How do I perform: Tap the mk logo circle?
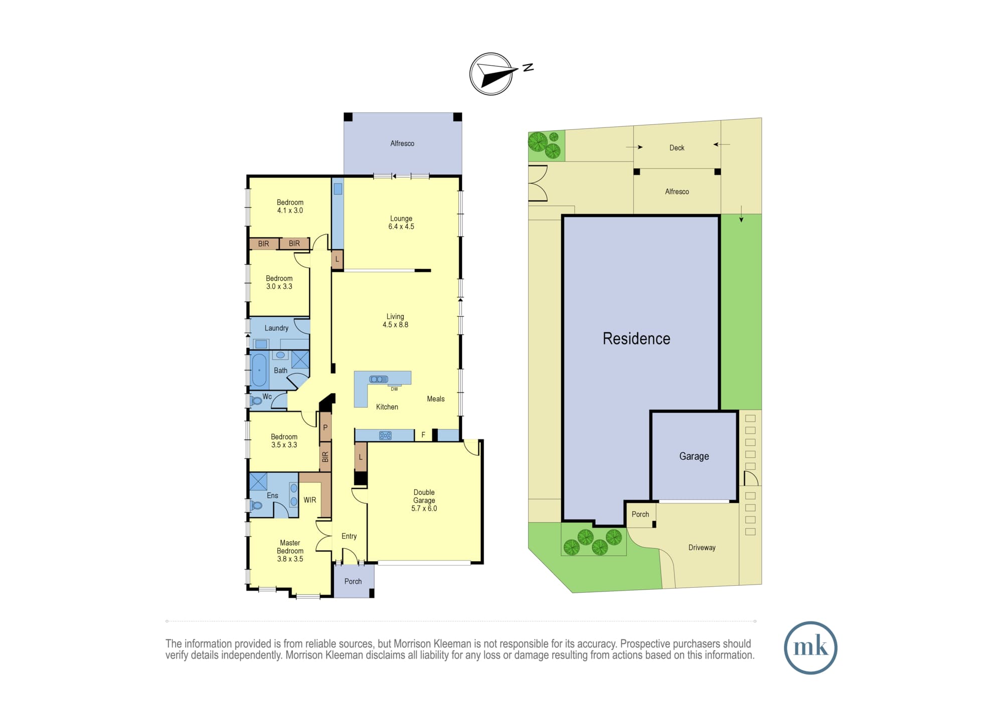point(810,648)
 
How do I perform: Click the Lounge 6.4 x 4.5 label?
point(401,223)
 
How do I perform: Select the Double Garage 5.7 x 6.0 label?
point(424,500)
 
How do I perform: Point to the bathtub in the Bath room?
point(259,370)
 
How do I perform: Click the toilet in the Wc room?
point(256,401)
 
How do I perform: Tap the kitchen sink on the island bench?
point(379,379)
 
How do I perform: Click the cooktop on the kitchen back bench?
point(385,436)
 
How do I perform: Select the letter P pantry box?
point(325,428)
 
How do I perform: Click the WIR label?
point(310,500)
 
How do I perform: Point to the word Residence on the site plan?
point(636,339)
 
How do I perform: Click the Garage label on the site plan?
point(694,456)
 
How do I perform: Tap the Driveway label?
point(702,548)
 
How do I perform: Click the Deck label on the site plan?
point(677,148)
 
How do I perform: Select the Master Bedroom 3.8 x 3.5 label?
point(290,551)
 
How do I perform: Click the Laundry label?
point(276,328)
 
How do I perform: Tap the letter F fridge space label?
point(423,435)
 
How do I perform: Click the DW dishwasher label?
point(394,389)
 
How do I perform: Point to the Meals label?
point(436,399)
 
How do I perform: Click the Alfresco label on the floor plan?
point(402,143)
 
